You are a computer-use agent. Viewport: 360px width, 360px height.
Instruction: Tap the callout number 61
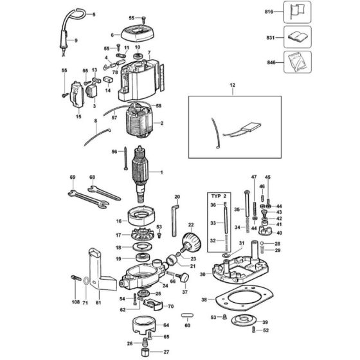coord(98,301)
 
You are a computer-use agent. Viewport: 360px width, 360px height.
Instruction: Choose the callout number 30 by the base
coord(202,274)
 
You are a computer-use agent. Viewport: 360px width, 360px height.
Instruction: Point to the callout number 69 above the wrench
coord(72,177)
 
